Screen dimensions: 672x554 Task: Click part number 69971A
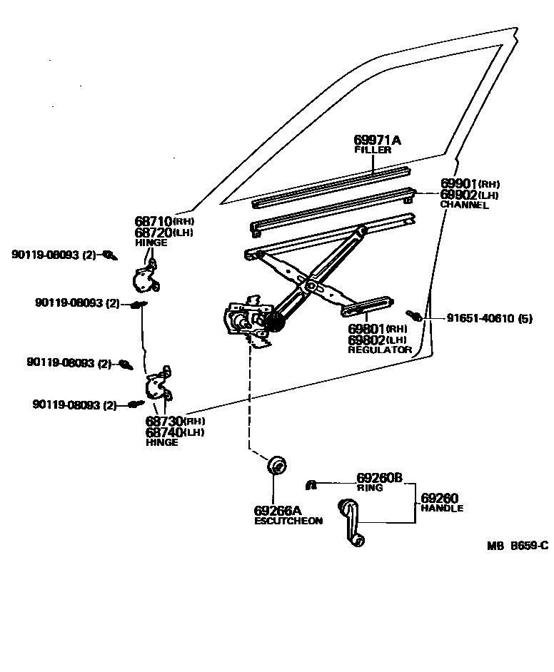[377, 141]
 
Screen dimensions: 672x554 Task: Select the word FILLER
[373, 151]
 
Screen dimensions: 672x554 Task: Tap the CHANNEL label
[464, 205]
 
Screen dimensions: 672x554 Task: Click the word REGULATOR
[380, 350]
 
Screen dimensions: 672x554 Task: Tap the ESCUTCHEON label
[288, 521]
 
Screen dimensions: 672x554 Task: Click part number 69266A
[278, 511]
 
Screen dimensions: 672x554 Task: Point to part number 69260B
[380, 478]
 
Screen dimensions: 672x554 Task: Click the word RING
[370, 488]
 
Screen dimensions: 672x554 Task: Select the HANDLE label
[442, 509]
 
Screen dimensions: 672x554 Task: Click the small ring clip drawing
[311, 485]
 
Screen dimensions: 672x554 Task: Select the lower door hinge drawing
[157, 385]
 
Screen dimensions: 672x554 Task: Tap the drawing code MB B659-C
[518, 546]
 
